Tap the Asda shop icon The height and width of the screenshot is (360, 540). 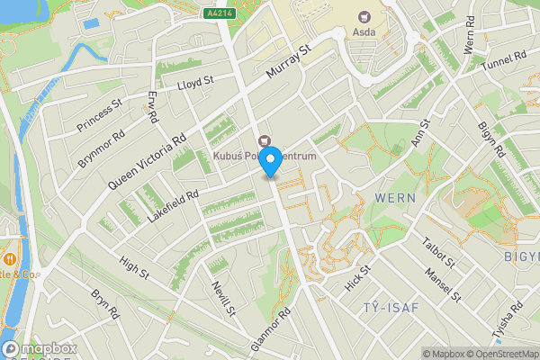click(364, 16)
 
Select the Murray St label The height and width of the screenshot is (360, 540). click(289, 61)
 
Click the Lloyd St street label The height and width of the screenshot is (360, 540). click(195, 82)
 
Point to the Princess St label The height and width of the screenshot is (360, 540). click(99, 116)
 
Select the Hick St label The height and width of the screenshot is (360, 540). click(357, 281)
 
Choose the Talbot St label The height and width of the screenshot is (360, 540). click(440, 253)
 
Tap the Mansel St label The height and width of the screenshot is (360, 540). click(444, 284)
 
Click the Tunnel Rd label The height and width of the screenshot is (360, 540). click(504, 63)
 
